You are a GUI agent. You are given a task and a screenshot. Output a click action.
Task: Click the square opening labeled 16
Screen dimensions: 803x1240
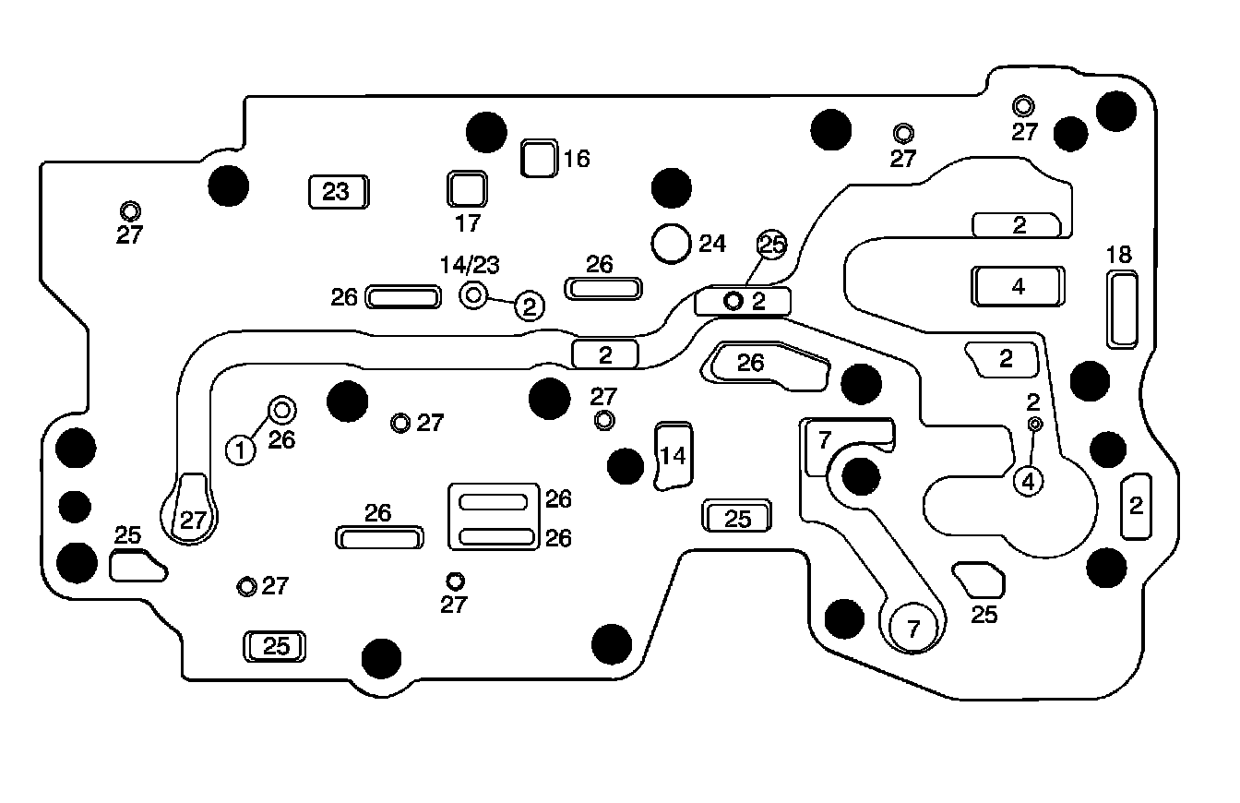538,158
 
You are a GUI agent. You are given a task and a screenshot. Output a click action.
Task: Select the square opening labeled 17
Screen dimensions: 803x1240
467,189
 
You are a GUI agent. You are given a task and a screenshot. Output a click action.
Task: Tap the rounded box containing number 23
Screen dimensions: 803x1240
337,192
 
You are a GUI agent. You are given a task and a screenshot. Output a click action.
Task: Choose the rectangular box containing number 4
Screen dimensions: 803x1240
1018,286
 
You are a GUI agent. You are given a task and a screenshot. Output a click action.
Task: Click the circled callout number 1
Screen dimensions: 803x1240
241,450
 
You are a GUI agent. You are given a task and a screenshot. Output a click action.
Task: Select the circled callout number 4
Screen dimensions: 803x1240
1029,480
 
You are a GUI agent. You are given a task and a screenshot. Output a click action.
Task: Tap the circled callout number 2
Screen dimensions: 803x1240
530,306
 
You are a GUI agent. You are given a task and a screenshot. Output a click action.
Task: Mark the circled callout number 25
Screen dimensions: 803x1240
772,245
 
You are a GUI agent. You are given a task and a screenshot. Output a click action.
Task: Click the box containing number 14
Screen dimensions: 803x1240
674,456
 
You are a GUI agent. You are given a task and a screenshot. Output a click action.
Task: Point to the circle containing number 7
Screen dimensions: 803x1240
913,629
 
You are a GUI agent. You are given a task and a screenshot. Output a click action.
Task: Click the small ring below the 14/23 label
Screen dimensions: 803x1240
473,295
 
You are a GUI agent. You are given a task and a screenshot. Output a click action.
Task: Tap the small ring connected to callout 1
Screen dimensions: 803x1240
281,410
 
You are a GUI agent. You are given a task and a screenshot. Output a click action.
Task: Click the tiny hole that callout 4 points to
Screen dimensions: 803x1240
1035,424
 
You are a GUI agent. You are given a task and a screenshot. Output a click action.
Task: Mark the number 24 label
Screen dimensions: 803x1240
712,244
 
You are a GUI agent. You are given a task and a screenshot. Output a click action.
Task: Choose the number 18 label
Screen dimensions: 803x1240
1119,255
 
